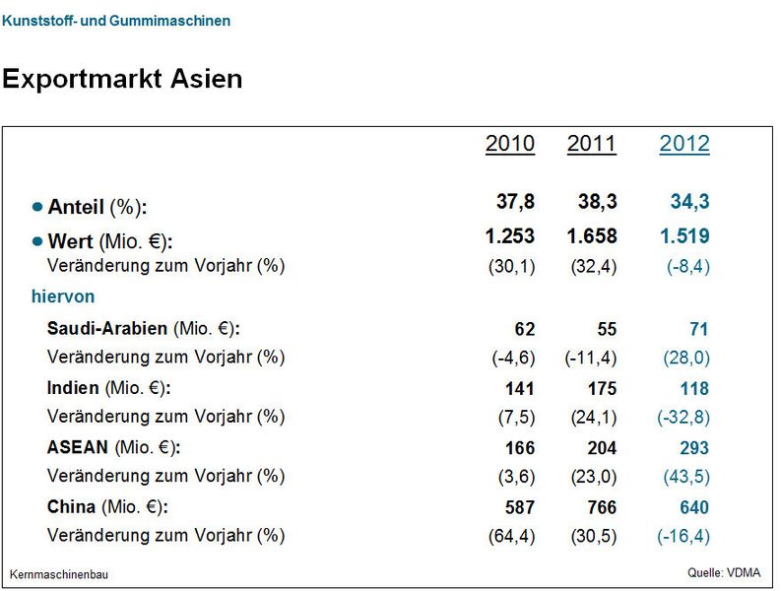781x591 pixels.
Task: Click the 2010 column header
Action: click(x=510, y=144)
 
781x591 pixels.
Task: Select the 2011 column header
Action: click(x=591, y=144)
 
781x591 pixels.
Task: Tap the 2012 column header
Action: click(x=684, y=144)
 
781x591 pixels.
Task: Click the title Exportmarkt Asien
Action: click(x=122, y=79)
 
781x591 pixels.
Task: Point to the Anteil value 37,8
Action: click(x=515, y=202)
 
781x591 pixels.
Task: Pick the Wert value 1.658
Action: click(x=592, y=236)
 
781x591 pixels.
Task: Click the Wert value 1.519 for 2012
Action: click(x=683, y=236)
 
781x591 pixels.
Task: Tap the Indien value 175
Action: click(x=601, y=389)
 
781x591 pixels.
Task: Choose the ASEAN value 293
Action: click(x=693, y=448)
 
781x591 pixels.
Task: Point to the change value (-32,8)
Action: click(x=683, y=417)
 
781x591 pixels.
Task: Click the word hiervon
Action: click(x=62, y=296)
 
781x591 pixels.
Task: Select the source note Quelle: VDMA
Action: click(x=724, y=572)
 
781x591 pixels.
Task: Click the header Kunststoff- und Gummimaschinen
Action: click(x=116, y=21)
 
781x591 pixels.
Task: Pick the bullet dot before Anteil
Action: click(x=37, y=207)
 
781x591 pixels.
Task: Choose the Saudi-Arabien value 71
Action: click(x=698, y=329)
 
